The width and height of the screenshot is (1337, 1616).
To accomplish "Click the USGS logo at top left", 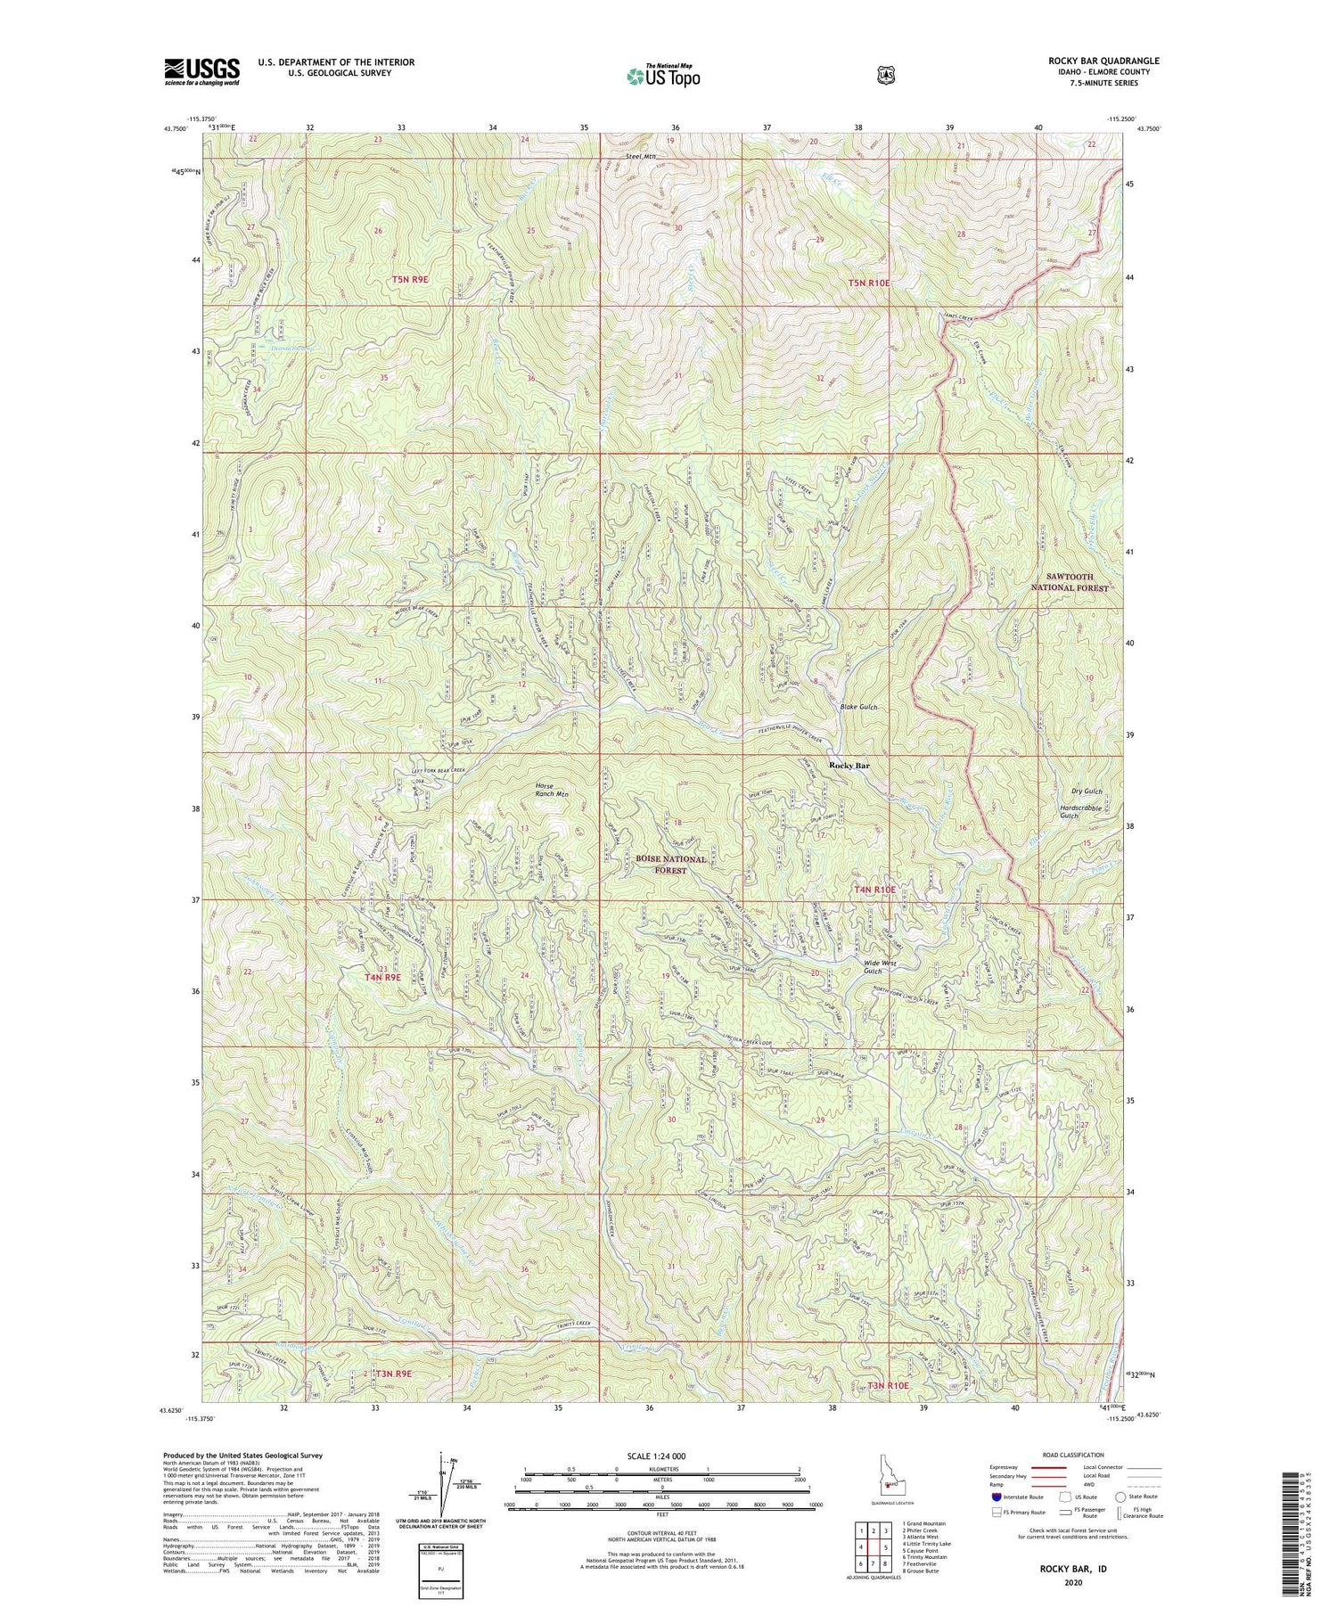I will (201, 71).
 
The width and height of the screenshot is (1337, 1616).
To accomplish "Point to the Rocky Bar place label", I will (849, 765).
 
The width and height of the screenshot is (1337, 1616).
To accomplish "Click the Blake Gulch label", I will (859, 707).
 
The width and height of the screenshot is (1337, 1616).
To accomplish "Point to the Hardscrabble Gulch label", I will (1080, 811).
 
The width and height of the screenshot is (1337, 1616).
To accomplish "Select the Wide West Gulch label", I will (880, 966).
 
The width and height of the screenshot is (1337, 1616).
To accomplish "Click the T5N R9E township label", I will (410, 280).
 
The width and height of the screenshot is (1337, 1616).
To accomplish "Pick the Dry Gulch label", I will (1087, 792).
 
